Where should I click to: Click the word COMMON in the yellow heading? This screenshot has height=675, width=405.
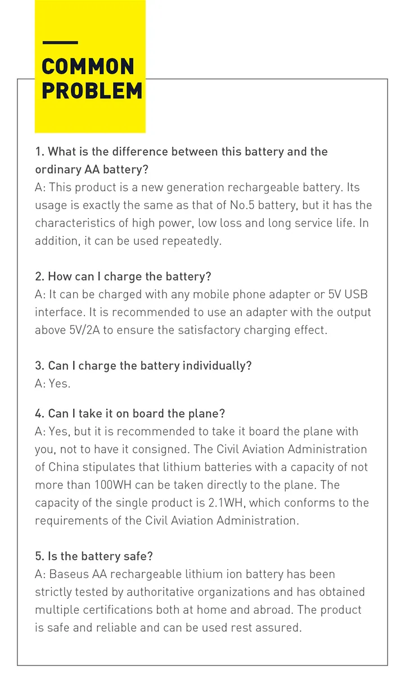click(x=88, y=67)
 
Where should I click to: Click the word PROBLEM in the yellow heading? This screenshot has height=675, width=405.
click(x=92, y=91)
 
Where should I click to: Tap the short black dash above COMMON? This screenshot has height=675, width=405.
click(x=60, y=43)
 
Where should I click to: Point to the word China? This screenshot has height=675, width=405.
click(x=64, y=466)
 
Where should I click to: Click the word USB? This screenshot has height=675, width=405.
click(x=356, y=294)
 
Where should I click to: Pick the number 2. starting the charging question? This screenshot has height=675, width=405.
click(x=39, y=277)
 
